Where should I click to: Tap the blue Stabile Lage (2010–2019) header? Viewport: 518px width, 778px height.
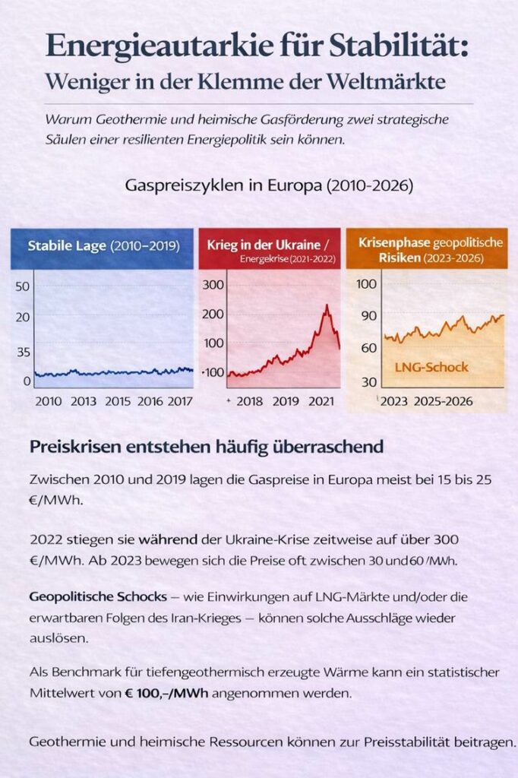pos(103,246)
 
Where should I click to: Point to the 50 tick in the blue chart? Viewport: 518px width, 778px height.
pos(22,286)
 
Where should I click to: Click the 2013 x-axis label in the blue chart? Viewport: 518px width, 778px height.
pos(84,401)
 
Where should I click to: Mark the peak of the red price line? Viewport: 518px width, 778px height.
pos(327,305)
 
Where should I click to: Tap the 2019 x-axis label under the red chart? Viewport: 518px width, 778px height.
pos(286,401)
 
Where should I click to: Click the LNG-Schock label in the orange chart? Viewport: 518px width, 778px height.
pos(431,367)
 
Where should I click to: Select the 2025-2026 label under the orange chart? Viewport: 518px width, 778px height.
pos(444,401)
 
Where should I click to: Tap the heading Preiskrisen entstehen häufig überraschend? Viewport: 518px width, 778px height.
pos(207,447)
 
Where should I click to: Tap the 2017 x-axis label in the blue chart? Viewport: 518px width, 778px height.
pos(178,401)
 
